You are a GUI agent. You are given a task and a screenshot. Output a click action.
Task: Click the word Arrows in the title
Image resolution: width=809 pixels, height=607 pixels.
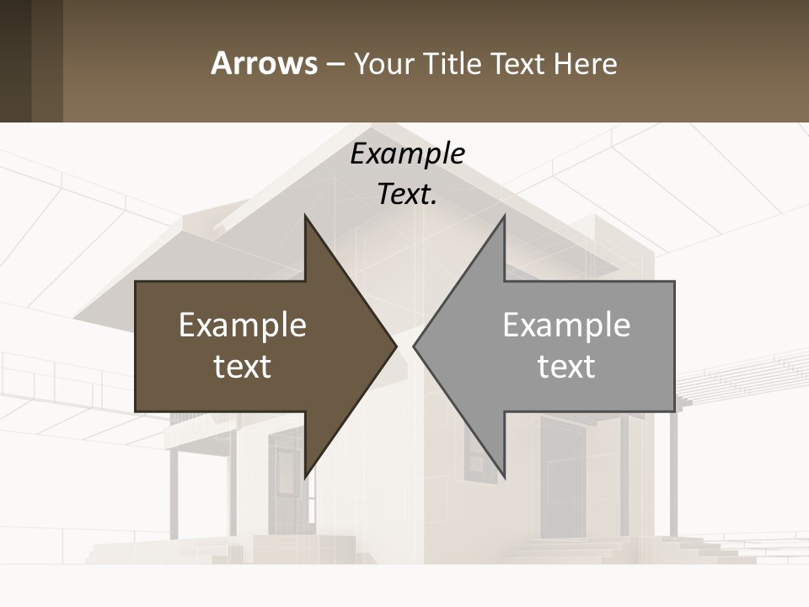tap(264, 63)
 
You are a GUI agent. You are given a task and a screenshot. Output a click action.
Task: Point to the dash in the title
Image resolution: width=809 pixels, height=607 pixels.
tap(335, 64)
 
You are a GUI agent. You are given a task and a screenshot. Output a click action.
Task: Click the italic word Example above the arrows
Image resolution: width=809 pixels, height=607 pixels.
tap(407, 154)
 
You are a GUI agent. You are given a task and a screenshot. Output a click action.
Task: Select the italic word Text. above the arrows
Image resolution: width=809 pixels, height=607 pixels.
tap(407, 195)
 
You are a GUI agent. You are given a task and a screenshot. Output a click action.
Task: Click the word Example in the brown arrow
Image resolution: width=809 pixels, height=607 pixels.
tap(243, 325)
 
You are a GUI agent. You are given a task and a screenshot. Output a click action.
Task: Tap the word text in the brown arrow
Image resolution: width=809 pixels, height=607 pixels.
tap(243, 367)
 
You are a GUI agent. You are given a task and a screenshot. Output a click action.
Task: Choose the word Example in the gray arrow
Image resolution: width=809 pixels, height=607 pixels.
tap(566, 325)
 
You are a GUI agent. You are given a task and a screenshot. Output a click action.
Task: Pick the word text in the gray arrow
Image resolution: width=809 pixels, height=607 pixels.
tap(566, 367)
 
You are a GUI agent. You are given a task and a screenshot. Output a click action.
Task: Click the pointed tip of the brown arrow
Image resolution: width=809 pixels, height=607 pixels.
tap(396, 346)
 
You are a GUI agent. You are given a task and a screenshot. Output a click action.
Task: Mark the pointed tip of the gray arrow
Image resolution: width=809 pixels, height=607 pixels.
tap(414, 346)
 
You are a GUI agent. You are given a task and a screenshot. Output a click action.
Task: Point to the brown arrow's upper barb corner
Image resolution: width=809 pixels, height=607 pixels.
tap(305, 217)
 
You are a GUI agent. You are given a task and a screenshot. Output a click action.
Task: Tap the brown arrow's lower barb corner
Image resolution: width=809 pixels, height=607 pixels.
tap(305, 477)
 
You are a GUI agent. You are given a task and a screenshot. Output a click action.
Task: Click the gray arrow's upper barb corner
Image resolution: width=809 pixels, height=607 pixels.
tap(504, 217)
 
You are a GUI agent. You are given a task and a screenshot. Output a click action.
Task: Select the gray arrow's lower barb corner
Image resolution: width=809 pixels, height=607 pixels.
tap(504, 477)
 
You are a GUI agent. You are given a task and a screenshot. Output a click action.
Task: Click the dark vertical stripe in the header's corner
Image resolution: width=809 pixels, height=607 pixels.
tap(15, 61)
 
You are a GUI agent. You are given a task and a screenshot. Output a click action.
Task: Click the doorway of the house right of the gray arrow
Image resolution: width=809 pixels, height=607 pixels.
tap(563, 481)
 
